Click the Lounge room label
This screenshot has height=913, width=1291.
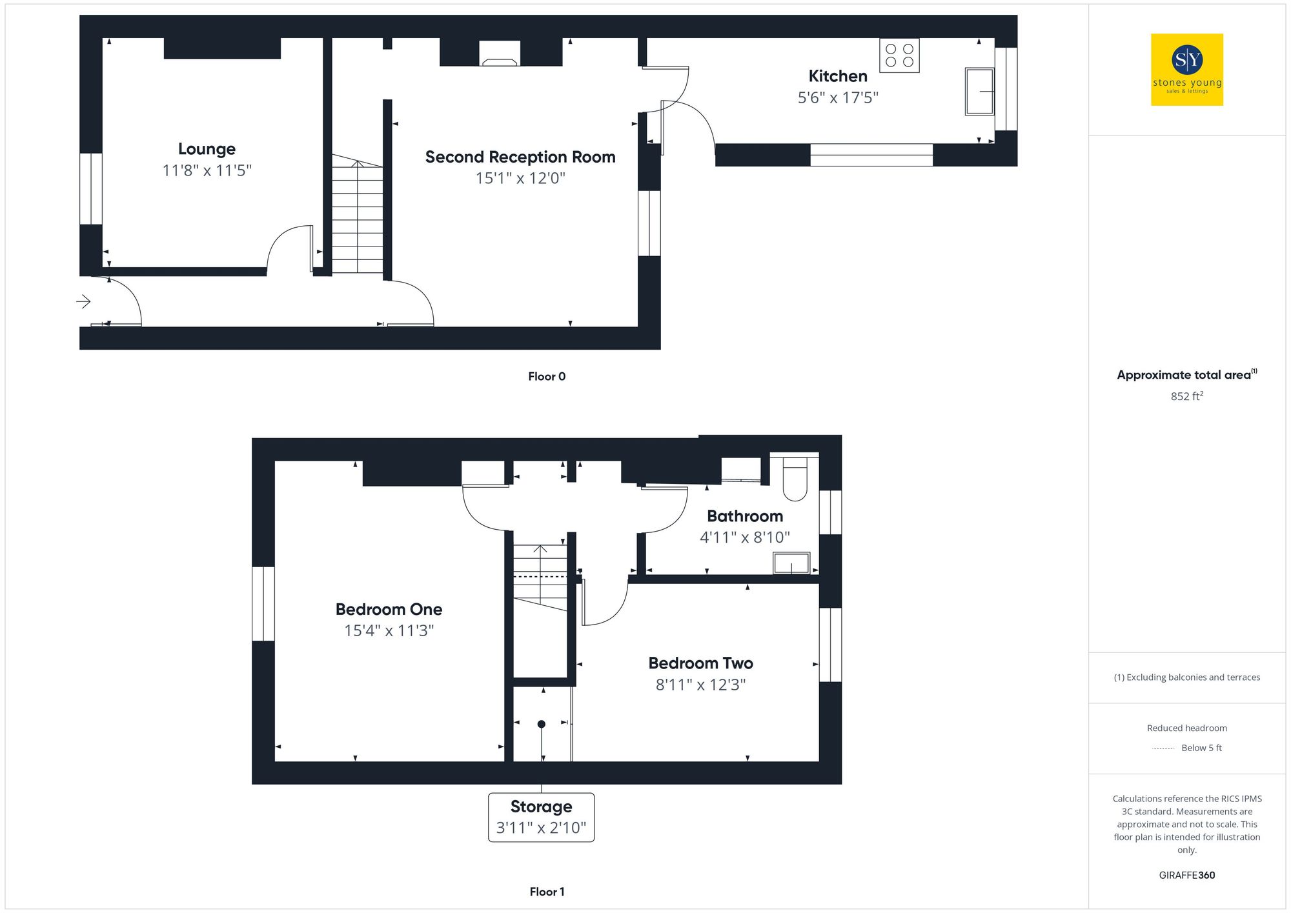(x=207, y=149)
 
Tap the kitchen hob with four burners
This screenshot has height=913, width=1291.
(x=899, y=55)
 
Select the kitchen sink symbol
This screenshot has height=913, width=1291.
(x=979, y=91)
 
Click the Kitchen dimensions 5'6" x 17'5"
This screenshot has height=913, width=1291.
(x=838, y=97)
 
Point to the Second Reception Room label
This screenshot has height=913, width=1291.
(x=520, y=157)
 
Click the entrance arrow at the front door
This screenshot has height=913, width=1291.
(x=83, y=301)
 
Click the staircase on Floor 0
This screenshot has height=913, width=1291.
(x=357, y=216)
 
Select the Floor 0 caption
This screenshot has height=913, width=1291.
(x=547, y=376)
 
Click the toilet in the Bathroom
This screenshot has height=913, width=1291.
(x=795, y=479)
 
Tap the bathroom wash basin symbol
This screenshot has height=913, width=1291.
(x=792, y=563)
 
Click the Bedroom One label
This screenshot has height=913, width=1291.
(x=389, y=609)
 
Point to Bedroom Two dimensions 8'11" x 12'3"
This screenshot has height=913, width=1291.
(x=700, y=685)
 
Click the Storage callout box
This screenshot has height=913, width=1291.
(x=541, y=817)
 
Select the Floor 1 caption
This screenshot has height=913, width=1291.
(x=547, y=892)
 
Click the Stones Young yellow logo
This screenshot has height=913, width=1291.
(x=1187, y=70)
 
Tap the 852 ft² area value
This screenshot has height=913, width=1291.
(x=1186, y=396)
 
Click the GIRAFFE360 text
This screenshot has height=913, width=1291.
(x=1186, y=875)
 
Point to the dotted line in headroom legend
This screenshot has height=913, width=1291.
(x=1163, y=748)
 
